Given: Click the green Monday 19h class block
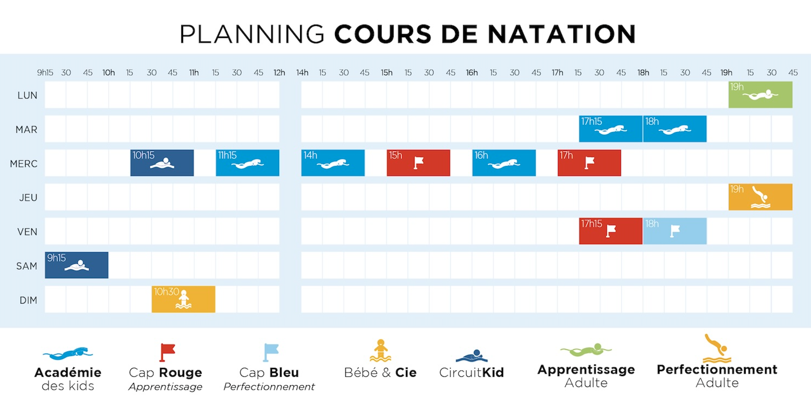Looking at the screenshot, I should (760, 95).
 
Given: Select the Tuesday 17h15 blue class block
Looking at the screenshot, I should (611, 129).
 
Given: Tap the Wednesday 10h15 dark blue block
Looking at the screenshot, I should (162, 163).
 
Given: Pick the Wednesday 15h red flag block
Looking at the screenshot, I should (418, 163).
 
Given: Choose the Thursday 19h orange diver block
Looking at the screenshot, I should (760, 197).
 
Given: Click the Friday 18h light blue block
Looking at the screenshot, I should (675, 231).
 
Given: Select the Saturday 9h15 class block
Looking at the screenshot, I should (77, 265).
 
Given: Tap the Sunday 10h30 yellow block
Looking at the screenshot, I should (183, 299).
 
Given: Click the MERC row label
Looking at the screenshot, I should (24, 164).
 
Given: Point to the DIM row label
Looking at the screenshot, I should (28, 300).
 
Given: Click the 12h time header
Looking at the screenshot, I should (279, 73).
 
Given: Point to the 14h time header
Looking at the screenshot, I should (302, 73).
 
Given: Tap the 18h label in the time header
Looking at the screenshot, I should (643, 73).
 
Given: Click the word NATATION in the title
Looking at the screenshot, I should (562, 34).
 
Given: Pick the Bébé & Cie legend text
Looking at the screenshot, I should (380, 373).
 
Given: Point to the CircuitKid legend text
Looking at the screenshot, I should (471, 373).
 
